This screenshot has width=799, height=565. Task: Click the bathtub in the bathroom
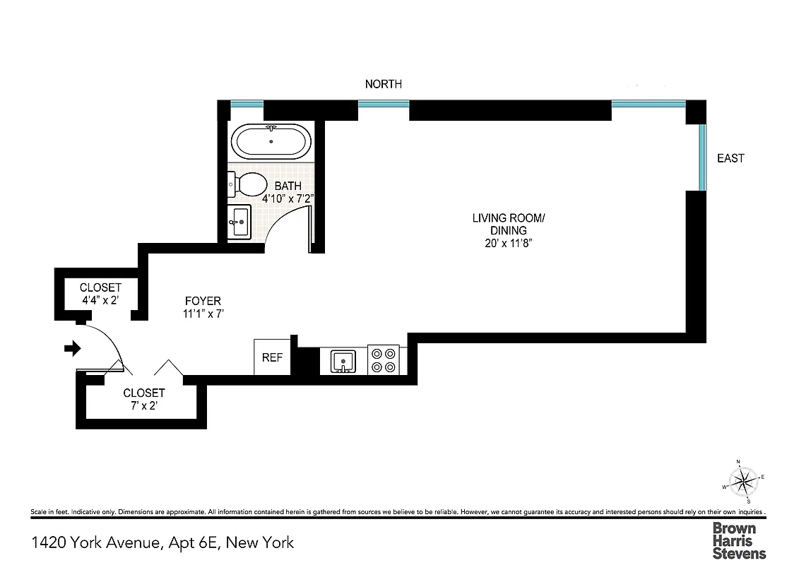[x=271, y=142]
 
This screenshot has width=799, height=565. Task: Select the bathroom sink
[x=239, y=222]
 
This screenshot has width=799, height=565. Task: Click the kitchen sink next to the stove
[x=343, y=361]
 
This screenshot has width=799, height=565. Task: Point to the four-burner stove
[x=383, y=359]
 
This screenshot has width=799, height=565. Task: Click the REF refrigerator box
[x=272, y=357]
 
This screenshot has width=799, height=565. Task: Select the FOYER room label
[x=203, y=301]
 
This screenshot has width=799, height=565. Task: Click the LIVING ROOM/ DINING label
[x=509, y=224]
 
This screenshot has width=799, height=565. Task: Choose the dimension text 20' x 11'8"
[x=509, y=244]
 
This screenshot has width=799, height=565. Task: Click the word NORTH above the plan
[x=384, y=84]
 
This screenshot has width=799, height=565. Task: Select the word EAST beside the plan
[x=730, y=158]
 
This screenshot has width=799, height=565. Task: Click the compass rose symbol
[x=742, y=482]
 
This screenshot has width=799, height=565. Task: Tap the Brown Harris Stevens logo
[x=738, y=540]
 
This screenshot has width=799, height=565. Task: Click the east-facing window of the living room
[x=702, y=157]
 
